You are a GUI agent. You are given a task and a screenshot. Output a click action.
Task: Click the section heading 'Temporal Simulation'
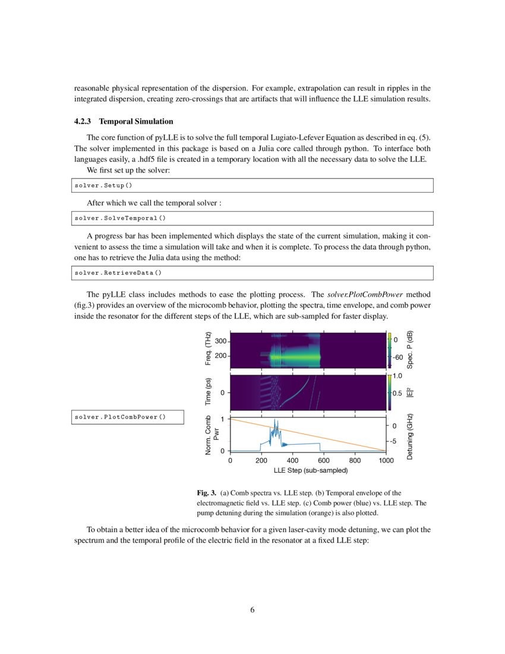point(136,122)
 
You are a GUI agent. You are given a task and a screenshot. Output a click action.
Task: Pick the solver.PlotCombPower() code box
point(119,417)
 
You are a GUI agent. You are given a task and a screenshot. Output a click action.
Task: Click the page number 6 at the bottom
point(252,609)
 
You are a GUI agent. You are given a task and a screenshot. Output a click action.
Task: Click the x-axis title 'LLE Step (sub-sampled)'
point(310,470)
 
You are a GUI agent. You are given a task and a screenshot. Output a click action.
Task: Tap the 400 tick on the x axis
point(292,460)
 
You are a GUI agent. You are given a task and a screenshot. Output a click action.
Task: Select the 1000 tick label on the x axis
point(386,460)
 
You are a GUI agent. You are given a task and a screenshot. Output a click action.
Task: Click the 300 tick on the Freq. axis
point(220,341)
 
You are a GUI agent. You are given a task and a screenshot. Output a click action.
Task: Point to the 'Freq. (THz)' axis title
point(208,349)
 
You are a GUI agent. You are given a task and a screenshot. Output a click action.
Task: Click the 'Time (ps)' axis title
point(208,393)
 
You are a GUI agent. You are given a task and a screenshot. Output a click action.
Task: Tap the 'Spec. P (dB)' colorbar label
point(409,349)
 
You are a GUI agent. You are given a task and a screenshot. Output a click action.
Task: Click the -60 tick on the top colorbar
point(398,357)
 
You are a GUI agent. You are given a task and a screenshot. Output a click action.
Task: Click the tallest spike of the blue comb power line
point(274,421)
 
